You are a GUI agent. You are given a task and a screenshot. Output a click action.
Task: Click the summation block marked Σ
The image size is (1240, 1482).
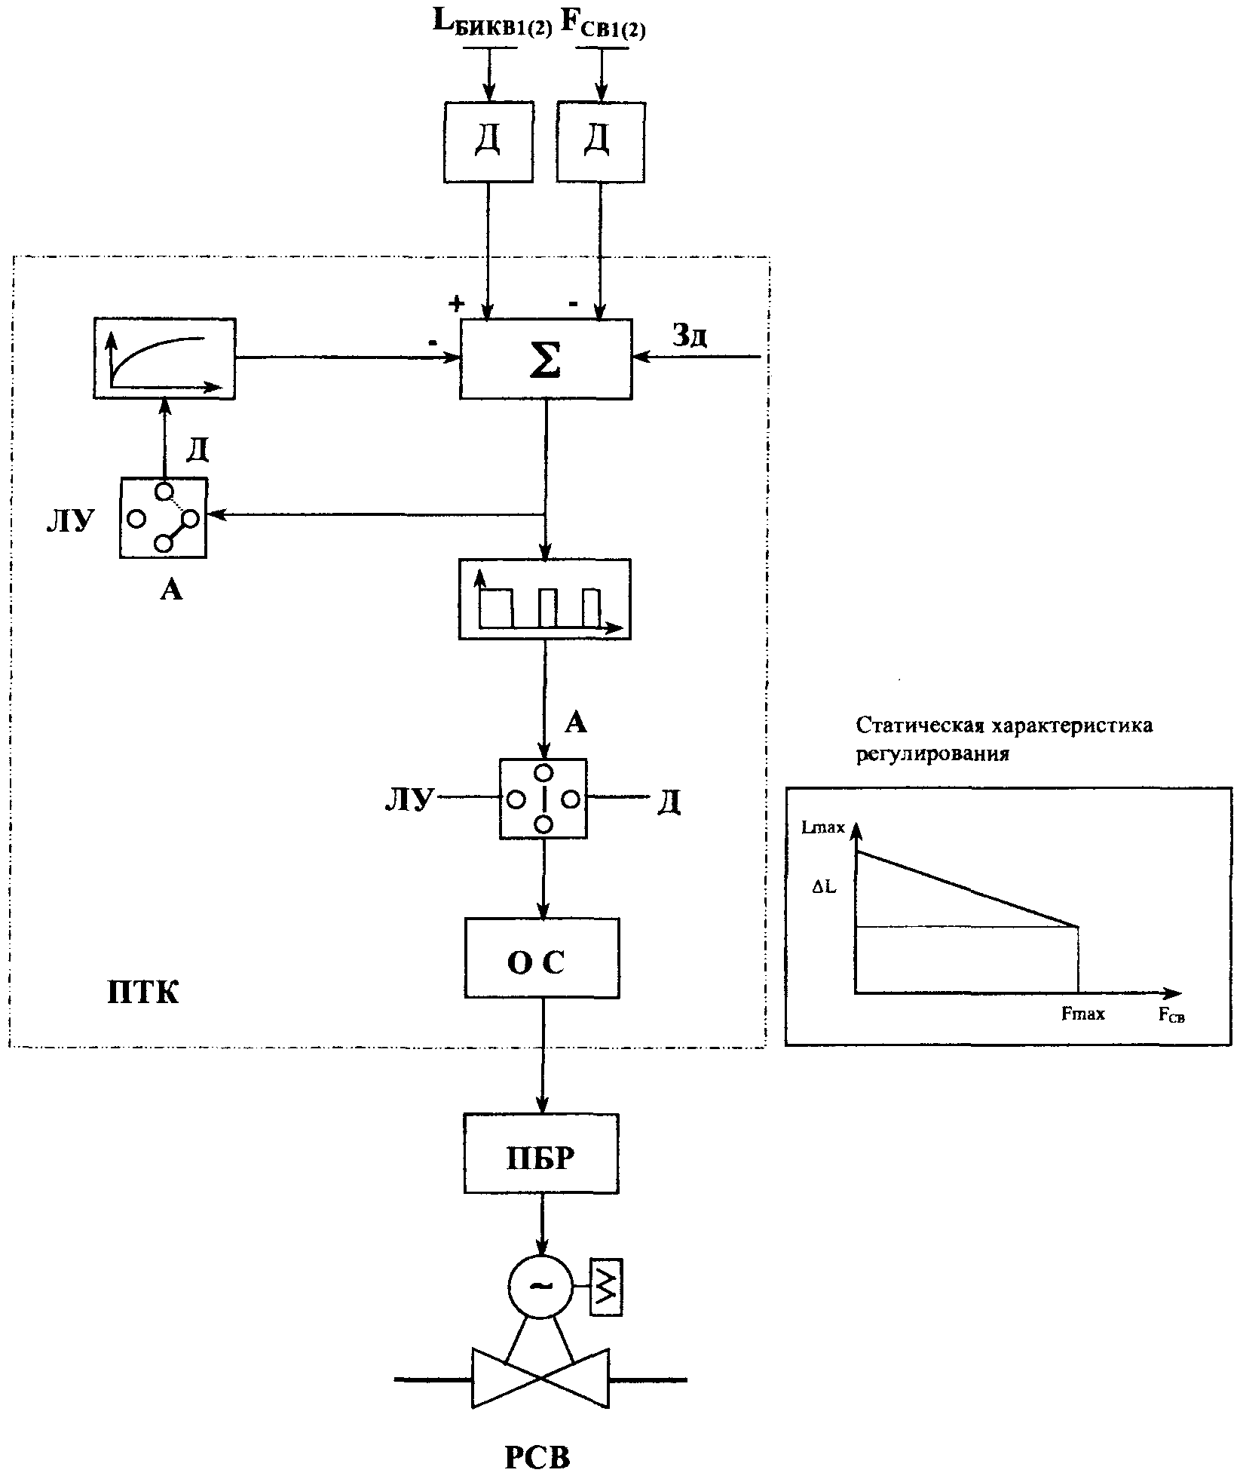(546, 359)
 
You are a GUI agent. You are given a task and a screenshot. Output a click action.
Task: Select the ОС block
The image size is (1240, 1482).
(542, 958)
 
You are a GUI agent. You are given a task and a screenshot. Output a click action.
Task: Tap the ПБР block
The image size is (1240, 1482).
(541, 1153)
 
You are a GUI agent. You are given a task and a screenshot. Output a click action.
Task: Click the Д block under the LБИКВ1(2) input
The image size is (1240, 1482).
(488, 143)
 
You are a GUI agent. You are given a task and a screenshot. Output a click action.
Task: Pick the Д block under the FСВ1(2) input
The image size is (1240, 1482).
(600, 143)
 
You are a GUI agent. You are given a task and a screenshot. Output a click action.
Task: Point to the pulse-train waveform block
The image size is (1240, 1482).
(544, 599)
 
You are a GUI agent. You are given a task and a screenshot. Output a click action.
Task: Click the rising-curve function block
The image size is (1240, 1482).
(164, 358)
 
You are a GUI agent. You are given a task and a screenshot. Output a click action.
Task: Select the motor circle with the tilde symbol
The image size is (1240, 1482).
(540, 1286)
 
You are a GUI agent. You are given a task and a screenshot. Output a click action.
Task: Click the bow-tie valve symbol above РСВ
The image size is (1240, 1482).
(540, 1379)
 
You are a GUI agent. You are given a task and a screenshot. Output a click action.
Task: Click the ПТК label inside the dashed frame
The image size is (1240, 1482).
(143, 993)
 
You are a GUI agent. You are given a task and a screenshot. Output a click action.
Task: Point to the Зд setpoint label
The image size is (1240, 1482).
(689, 336)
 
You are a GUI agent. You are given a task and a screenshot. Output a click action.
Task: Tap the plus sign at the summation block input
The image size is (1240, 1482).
(455, 304)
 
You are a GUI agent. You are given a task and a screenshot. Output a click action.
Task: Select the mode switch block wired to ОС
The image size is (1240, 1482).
(543, 799)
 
